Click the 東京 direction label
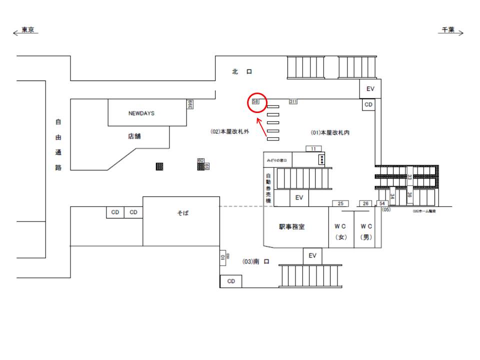click(27, 30)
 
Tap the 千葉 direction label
click(447, 30)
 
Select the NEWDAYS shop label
click(141, 113)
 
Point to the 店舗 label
click(134, 136)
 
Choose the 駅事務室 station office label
click(291, 226)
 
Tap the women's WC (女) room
click(340, 231)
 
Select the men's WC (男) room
click(367, 231)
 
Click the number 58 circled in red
click(255, 101)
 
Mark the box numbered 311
click(293, 102)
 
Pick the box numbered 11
click(313, 148)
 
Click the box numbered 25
click(340, 203)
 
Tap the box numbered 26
click(365, 203)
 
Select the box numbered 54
click(381, 203)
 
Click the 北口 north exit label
click(242, 72)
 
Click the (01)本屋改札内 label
click(330, 132)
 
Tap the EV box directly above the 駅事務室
click(299, 197)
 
